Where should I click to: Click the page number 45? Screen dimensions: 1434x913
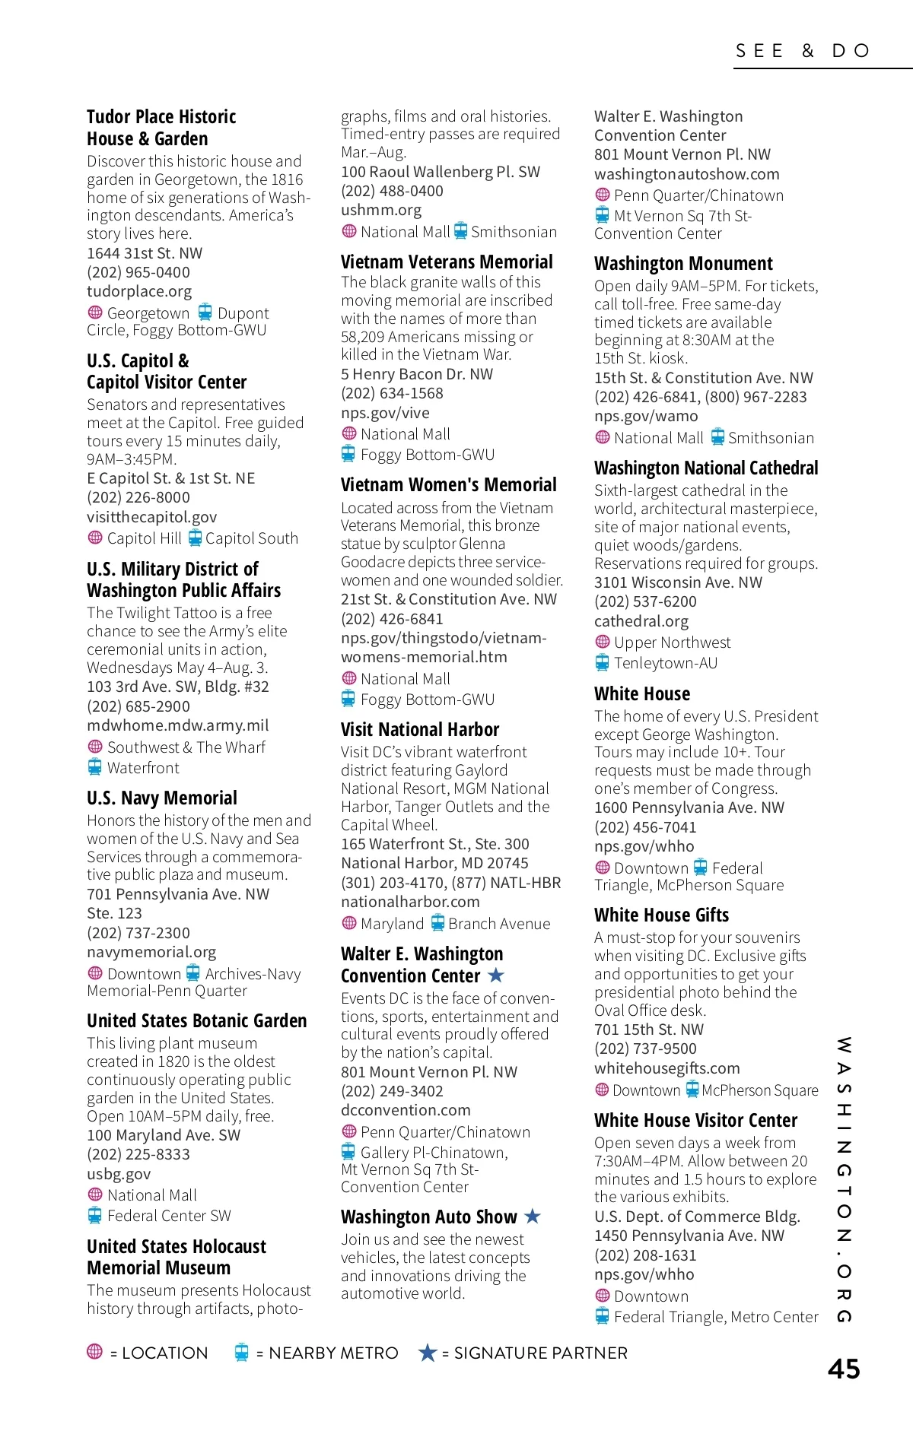pos(843,1369)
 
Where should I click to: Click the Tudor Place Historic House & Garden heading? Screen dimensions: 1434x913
pos(161,128)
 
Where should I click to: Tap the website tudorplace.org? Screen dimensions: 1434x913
pos(139,291)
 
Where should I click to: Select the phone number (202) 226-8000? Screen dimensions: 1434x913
pos(138,497)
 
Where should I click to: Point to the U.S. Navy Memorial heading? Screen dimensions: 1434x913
pos(162,798)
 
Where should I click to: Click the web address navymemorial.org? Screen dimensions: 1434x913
pos(151,952)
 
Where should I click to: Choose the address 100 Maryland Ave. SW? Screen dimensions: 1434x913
pos(164,1135)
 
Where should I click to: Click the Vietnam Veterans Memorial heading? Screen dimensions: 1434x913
pos(447,262)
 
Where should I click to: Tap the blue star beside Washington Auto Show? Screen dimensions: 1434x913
pos(533,1217)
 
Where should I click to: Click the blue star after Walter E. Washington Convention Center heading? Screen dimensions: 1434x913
pos(496,975)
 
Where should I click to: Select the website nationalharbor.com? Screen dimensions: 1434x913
pos(410,902)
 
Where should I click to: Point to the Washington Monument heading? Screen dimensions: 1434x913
pos(683,264)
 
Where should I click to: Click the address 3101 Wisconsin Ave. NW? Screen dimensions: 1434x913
pos(678,582)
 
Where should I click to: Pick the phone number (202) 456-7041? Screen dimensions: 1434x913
pos(645,827)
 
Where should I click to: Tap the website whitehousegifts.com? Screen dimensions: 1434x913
pos(667,1068)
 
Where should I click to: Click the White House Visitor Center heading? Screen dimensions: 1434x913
pos(695,1121)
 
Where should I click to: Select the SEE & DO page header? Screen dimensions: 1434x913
pos(803,51)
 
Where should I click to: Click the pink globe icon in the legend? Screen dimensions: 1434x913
pos(95,1351)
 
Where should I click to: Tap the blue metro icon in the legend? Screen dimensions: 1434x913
pos(242,1352)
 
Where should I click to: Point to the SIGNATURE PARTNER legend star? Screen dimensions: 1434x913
pos(428,1353)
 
